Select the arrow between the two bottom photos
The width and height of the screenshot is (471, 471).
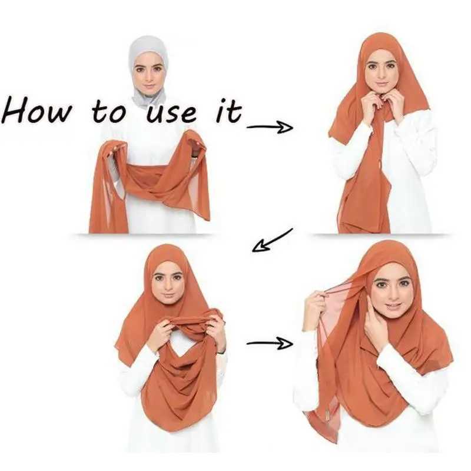click(269, 343)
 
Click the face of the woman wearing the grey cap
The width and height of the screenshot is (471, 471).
click(148, 74)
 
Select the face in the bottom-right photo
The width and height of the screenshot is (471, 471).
click(390, 291)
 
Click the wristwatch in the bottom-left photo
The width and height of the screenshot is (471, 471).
click(221, 351)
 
